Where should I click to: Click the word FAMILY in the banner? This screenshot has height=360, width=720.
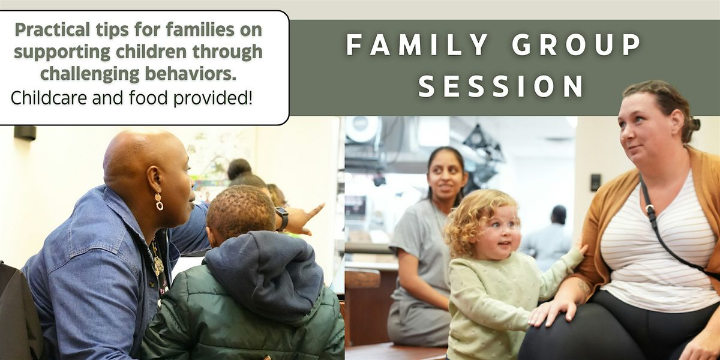417,44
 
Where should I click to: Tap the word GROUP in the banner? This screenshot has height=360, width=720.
577,44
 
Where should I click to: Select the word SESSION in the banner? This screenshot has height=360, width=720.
501,86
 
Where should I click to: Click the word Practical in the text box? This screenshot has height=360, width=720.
52,31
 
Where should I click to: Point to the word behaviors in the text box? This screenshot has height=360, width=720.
191,73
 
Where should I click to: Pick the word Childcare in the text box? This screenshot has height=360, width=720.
49,98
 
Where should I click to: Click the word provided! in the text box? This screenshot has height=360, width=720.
212,98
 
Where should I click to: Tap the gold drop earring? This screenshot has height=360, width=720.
159,202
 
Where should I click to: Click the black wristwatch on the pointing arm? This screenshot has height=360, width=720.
282,218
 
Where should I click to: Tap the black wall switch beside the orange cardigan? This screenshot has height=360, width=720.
596,182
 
